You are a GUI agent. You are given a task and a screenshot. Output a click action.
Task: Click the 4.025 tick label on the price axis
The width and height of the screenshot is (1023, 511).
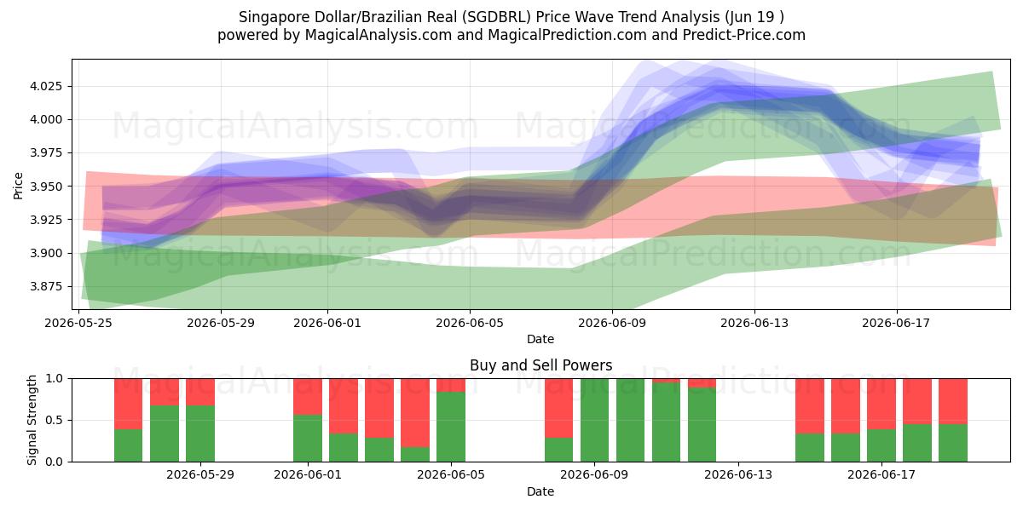(46, 86)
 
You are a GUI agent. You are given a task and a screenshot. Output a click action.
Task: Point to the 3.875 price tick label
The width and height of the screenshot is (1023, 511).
(46, 286)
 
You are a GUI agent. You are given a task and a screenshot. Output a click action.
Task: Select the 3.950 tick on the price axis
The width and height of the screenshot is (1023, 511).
(46, 187)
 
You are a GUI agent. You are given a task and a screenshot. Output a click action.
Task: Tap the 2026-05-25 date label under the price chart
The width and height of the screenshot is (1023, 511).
(78, 323)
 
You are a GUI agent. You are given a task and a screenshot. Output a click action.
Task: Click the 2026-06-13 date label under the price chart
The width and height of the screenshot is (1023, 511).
(754, 323)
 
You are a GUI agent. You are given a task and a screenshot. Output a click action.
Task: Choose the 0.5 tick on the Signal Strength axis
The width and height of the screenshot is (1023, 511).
(55, 420)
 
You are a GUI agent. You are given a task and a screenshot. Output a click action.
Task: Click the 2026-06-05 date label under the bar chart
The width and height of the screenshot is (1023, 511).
(451, 475)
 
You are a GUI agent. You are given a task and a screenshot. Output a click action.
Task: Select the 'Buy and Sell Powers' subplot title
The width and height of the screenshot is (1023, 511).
(540, 365)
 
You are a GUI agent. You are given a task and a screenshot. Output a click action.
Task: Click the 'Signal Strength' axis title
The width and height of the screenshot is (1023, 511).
(32, 420)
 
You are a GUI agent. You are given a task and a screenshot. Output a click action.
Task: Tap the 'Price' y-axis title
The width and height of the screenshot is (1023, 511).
(18, 186)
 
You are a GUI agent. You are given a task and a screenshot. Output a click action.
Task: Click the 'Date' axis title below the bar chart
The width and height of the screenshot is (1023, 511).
(540, 492)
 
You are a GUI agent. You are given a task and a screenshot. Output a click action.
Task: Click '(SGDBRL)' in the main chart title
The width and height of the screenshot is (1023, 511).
(496, 17)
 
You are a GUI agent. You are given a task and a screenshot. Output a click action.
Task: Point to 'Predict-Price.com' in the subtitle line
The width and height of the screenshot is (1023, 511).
(744, 35)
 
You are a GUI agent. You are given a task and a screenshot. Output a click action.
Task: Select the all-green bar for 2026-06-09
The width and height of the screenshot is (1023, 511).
(595, 420)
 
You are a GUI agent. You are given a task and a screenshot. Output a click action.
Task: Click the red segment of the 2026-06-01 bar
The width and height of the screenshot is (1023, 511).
(308, 397)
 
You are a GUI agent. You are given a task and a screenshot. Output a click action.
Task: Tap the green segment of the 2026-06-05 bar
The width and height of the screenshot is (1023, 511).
(451, 427)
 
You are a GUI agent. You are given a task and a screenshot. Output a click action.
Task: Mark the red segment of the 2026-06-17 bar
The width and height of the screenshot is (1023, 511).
(881, 404)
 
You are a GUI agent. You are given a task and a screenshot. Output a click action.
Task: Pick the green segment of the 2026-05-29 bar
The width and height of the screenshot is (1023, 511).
(200, 433)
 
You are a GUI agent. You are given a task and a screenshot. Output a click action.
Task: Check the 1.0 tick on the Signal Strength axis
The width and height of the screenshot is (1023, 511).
(55, 379)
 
